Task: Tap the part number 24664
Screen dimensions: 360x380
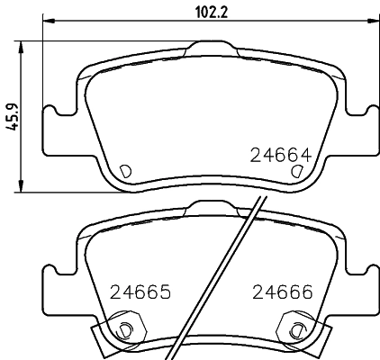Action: (280, 152)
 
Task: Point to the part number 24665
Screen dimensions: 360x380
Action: (140, 292)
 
